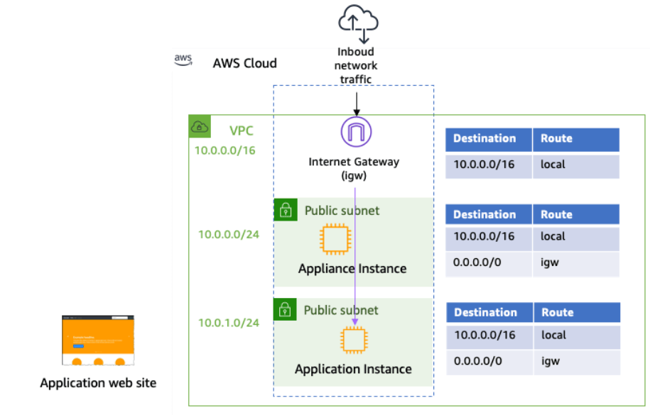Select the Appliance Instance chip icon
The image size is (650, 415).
click(335, 239)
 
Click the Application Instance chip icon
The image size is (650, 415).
click(354, 341)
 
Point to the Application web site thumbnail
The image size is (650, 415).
click(98, 342)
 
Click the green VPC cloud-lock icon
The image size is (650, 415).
click(200, 127)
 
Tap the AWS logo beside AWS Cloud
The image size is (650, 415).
click(184, 61)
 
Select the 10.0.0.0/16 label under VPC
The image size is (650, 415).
click(224, 150)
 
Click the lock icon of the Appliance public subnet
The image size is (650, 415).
click(285, 210)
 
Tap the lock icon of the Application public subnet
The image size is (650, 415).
click(285, 309)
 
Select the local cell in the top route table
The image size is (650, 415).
click(553, 165)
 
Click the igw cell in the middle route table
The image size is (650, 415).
click(550, 262)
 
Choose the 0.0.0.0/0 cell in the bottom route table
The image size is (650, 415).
click(477, 361)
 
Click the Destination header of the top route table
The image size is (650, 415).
click(484, 138)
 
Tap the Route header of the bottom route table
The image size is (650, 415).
click(558, 312)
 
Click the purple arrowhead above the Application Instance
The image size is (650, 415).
click(354, 321)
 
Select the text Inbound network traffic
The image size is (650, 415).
click(356, 65)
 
